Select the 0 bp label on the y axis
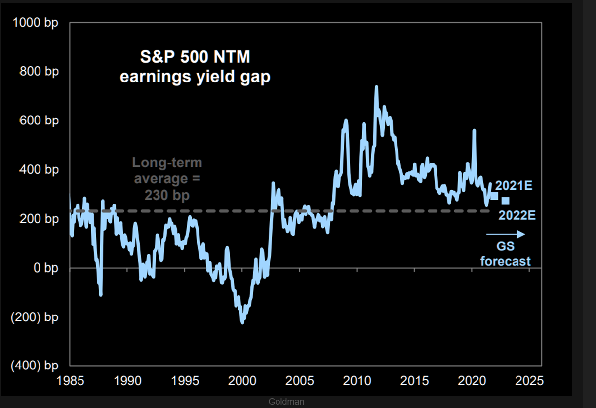tap(46, 268)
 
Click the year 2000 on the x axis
tap(242, 381)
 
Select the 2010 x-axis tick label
tap(358, 381)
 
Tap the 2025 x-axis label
tap(530, 381)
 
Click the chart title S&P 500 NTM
tap(194, 57)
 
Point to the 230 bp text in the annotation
tap(167, 195)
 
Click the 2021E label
tap(514, 186)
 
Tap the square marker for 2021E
tap(494, 196)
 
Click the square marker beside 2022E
tap(505, 201)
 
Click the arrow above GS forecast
tap(505, 234)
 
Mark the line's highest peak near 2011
tap(376, 87)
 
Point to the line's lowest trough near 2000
tap(242, 323)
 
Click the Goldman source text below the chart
tap(286, 402)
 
